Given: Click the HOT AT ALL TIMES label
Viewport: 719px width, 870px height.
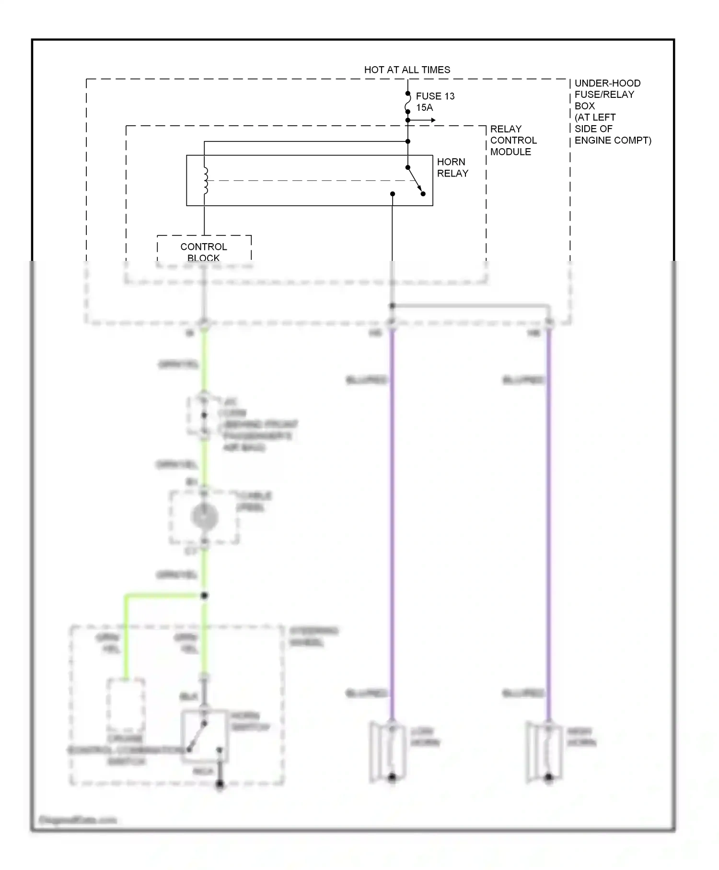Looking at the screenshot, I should (x=407, y=70).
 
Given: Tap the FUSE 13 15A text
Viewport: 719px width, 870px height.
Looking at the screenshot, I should (x=435, y=102).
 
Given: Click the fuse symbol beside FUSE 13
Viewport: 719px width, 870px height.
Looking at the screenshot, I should (x=408, y=103).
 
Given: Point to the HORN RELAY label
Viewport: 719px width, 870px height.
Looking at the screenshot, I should (x=452, y=167).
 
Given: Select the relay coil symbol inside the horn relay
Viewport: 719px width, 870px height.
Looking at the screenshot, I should (x=206, y=180).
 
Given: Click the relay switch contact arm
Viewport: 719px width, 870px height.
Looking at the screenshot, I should (x=415, y=180).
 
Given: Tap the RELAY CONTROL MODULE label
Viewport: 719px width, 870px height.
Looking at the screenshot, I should (x=513, y=140).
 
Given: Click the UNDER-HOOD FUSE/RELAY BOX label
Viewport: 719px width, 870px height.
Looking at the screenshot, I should (x=612, y=111).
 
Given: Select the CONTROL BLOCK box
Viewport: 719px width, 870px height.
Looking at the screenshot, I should (x=204, y=249).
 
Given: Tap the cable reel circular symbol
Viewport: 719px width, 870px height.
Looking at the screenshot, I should (x=205, y=517).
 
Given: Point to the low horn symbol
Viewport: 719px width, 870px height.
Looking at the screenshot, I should (x=388, y=752).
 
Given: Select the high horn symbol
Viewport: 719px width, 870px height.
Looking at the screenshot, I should (x=545, y=752).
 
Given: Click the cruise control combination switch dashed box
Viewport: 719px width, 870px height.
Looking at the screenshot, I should (x=126, y=705).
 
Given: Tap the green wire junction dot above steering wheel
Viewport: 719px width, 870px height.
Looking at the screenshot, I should (x=204, y=596).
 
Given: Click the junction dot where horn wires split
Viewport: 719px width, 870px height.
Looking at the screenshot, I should (x=392, y=306).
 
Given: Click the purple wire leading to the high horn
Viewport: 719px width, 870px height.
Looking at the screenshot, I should (x=549, y=528).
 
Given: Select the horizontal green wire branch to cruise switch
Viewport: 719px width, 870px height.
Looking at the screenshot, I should (x=163, y=596).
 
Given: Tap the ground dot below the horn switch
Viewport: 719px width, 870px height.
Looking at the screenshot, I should (x=220, y=784).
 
